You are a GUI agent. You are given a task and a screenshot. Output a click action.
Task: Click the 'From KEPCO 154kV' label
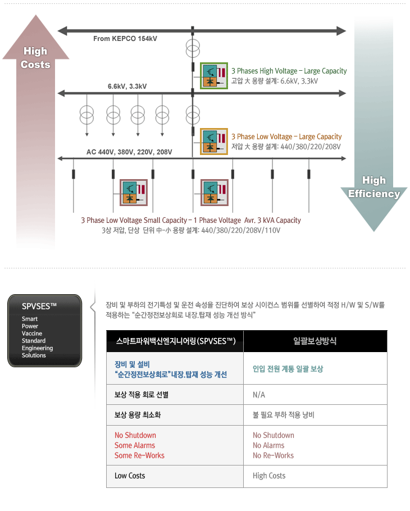tap(125, 38)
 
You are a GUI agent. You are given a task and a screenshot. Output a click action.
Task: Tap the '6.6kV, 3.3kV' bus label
tap(127, 86)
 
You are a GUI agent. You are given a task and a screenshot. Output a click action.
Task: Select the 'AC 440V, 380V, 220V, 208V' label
tap(129, 152)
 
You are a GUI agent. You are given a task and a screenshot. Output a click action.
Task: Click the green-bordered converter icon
tap(214, 76)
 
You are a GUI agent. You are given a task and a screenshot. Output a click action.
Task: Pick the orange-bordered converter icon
tap(214, 142)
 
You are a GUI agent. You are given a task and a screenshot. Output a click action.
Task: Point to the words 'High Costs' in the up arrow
tap(35, 58)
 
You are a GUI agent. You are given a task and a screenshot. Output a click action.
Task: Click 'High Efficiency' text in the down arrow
tap(374, 187)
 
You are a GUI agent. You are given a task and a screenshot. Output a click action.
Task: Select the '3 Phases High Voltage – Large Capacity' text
tap(289, 71)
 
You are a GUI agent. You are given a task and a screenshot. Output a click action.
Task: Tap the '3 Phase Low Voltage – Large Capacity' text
tap(286, 136)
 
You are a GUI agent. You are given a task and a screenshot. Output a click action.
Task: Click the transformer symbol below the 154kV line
tap(193, 48)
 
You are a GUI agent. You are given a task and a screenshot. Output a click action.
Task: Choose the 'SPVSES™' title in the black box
tap(39, 307)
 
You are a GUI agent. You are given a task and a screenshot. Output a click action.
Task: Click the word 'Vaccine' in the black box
tap(32, 334)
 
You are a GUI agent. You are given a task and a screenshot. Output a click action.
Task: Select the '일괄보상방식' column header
tap(315, 341)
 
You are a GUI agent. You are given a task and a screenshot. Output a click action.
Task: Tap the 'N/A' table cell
tap(259, 395)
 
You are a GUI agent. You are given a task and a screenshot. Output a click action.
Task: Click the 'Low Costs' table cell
tap(130, 476)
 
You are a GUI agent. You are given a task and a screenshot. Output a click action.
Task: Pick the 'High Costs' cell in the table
tap(269, 476)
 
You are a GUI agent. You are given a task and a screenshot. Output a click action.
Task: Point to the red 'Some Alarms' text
tap(135, 445)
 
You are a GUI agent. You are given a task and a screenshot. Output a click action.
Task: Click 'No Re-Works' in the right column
tap(273, 455)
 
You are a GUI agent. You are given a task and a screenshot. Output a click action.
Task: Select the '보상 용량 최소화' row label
tap(138, 415)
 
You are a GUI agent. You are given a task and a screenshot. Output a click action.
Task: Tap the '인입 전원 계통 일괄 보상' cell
tap(288, 369)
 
